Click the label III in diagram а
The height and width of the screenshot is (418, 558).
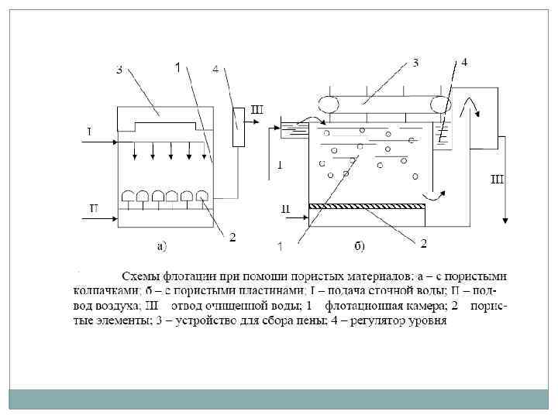pyautogui.click(x=256, y=109)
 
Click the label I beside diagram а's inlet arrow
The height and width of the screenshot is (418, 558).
pyautogui.click(x=90, y=131)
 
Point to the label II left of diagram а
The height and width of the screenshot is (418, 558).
pyautogui.click(x=93, y=207)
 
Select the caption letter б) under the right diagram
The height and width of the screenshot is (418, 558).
pyautogui.click(x=360, y=247)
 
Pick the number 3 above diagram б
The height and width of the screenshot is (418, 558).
pyautogui.click(x=415, y=63)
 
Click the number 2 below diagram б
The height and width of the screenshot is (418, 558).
pyautogui.click(x=423, y=244)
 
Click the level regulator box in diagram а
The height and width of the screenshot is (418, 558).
pyautogui.click(x=238, y=128)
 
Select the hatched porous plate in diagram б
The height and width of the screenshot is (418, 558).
pyautogui.click(x=367, y=206)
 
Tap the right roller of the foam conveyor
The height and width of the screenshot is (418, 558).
pyautogui.click(x=443, y=104)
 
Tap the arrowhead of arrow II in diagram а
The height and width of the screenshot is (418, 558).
pyautogui.click(x=117, y=218)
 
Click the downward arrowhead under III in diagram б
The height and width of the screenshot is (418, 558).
pyautogui.click(x=505, y=218)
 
